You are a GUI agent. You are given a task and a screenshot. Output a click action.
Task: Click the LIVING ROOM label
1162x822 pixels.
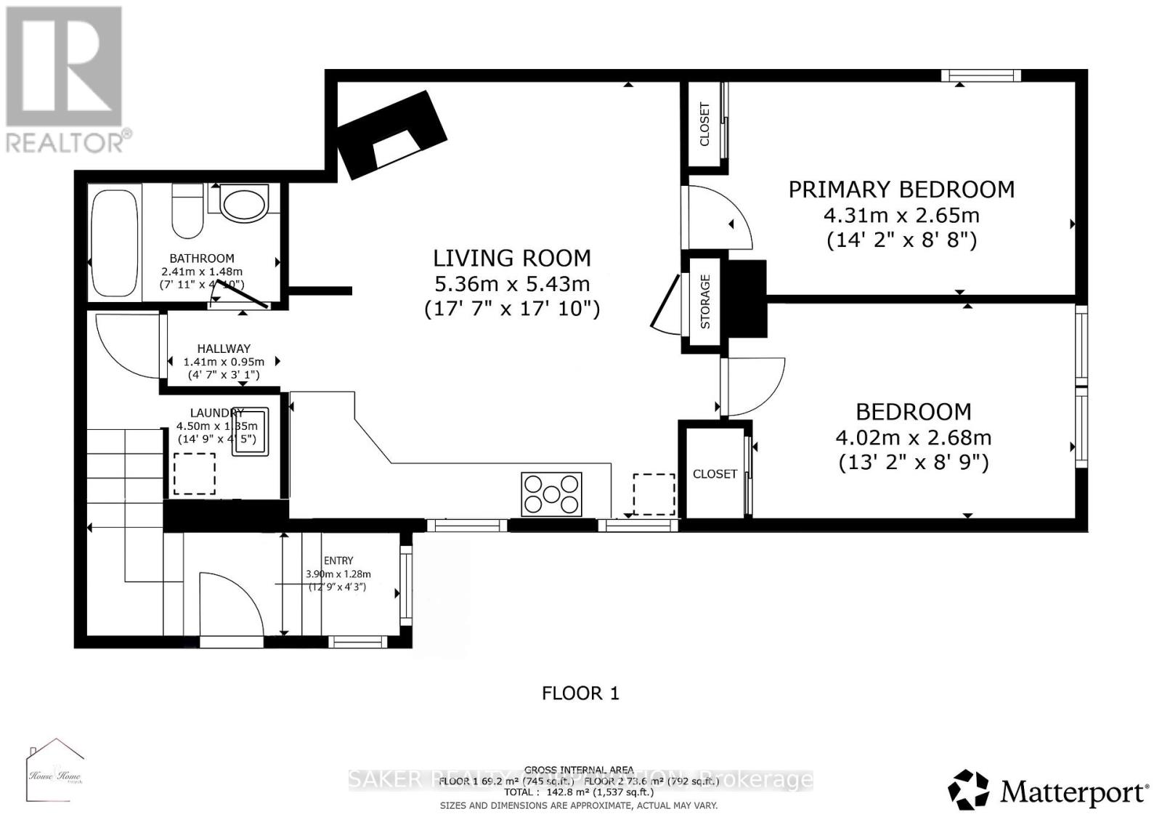(x=512, y=258)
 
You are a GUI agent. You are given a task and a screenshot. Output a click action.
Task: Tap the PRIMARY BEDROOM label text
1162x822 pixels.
(x=901, y=190)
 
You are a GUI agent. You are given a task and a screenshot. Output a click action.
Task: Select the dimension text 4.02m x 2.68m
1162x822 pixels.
(x=914, y=438)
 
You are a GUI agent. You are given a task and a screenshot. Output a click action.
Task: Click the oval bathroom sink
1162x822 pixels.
(x=244, y=205)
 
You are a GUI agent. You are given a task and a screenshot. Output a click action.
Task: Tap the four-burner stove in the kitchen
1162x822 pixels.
(x=552, y=495)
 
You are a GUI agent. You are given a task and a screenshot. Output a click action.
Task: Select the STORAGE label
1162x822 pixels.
(x=704, y=301)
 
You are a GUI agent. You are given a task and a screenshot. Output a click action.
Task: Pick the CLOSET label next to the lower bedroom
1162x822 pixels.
(x=715, y=473)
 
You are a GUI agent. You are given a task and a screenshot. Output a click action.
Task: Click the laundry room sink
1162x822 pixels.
(x=250, y=432)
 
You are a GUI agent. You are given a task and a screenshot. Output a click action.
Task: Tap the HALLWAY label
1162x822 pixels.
(x=224, y=349)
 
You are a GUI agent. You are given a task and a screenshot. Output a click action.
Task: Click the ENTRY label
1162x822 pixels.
(x=338, y=561)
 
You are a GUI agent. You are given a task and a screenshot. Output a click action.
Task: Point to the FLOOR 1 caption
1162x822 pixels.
(x=580, y=693)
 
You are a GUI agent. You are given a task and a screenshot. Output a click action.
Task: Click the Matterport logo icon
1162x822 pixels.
(x=969, y=790)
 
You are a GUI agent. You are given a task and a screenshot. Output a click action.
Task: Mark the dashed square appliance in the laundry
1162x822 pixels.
(x=194, y=473)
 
